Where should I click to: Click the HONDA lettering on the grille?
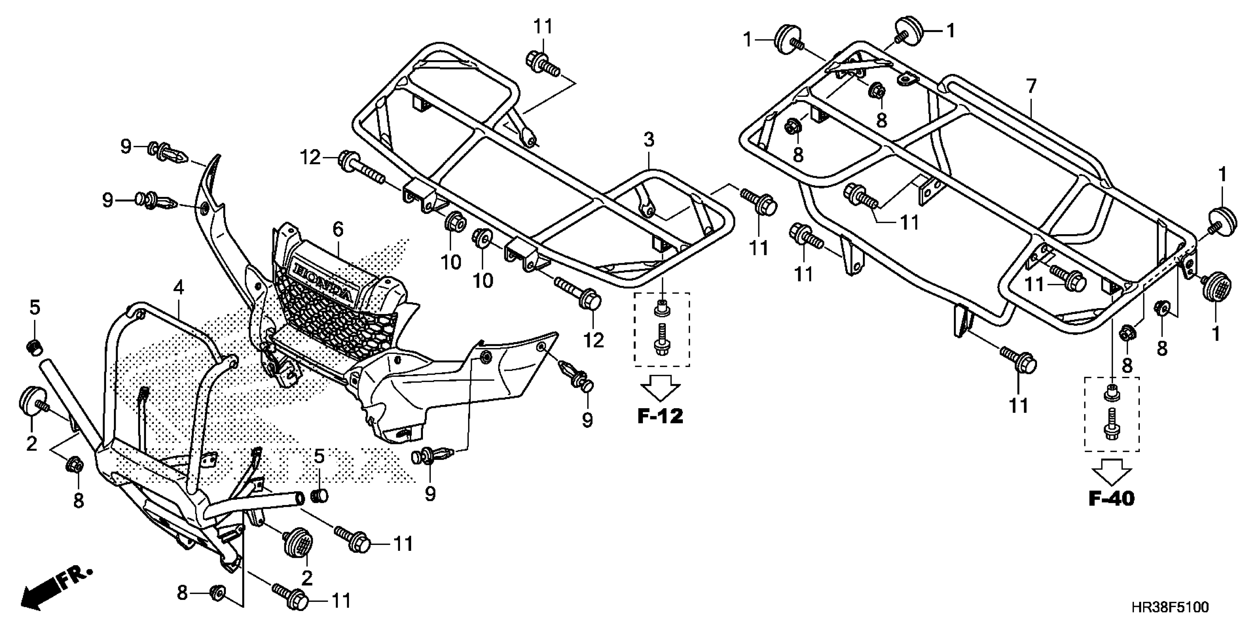tap(322, 281)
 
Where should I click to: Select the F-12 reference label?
tap(660, 416)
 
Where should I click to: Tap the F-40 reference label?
tap(1112, 498)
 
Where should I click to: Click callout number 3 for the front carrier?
tap(648, 140)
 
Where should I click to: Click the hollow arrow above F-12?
tap(660, 389)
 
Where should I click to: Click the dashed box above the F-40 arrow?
tap(1112, 414)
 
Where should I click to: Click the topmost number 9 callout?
tap(126, 146)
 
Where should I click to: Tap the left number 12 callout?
tap(310, 158)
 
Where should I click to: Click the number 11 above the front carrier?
tap(543, 27)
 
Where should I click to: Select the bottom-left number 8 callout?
tap(182, 593)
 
